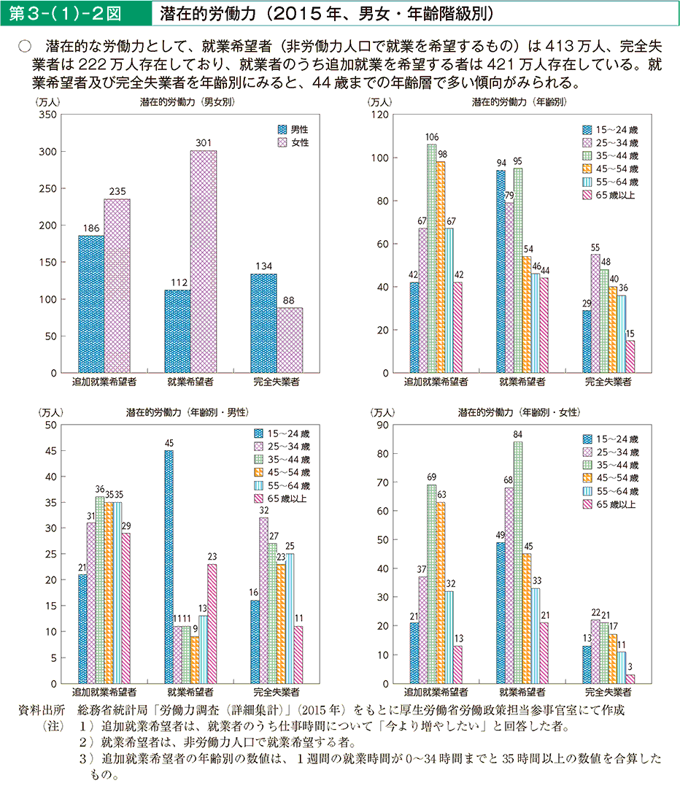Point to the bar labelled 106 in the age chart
432,258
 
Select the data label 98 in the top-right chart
441,154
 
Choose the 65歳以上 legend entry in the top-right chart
610,196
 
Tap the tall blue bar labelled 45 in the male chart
169,566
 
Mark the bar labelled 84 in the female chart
518,562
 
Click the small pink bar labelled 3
630,679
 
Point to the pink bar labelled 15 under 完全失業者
630,356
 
